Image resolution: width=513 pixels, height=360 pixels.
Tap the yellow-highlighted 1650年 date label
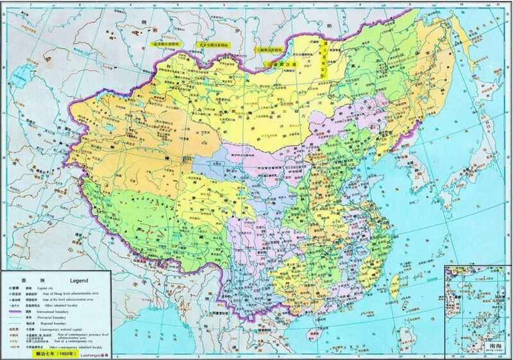coord(56,353)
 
